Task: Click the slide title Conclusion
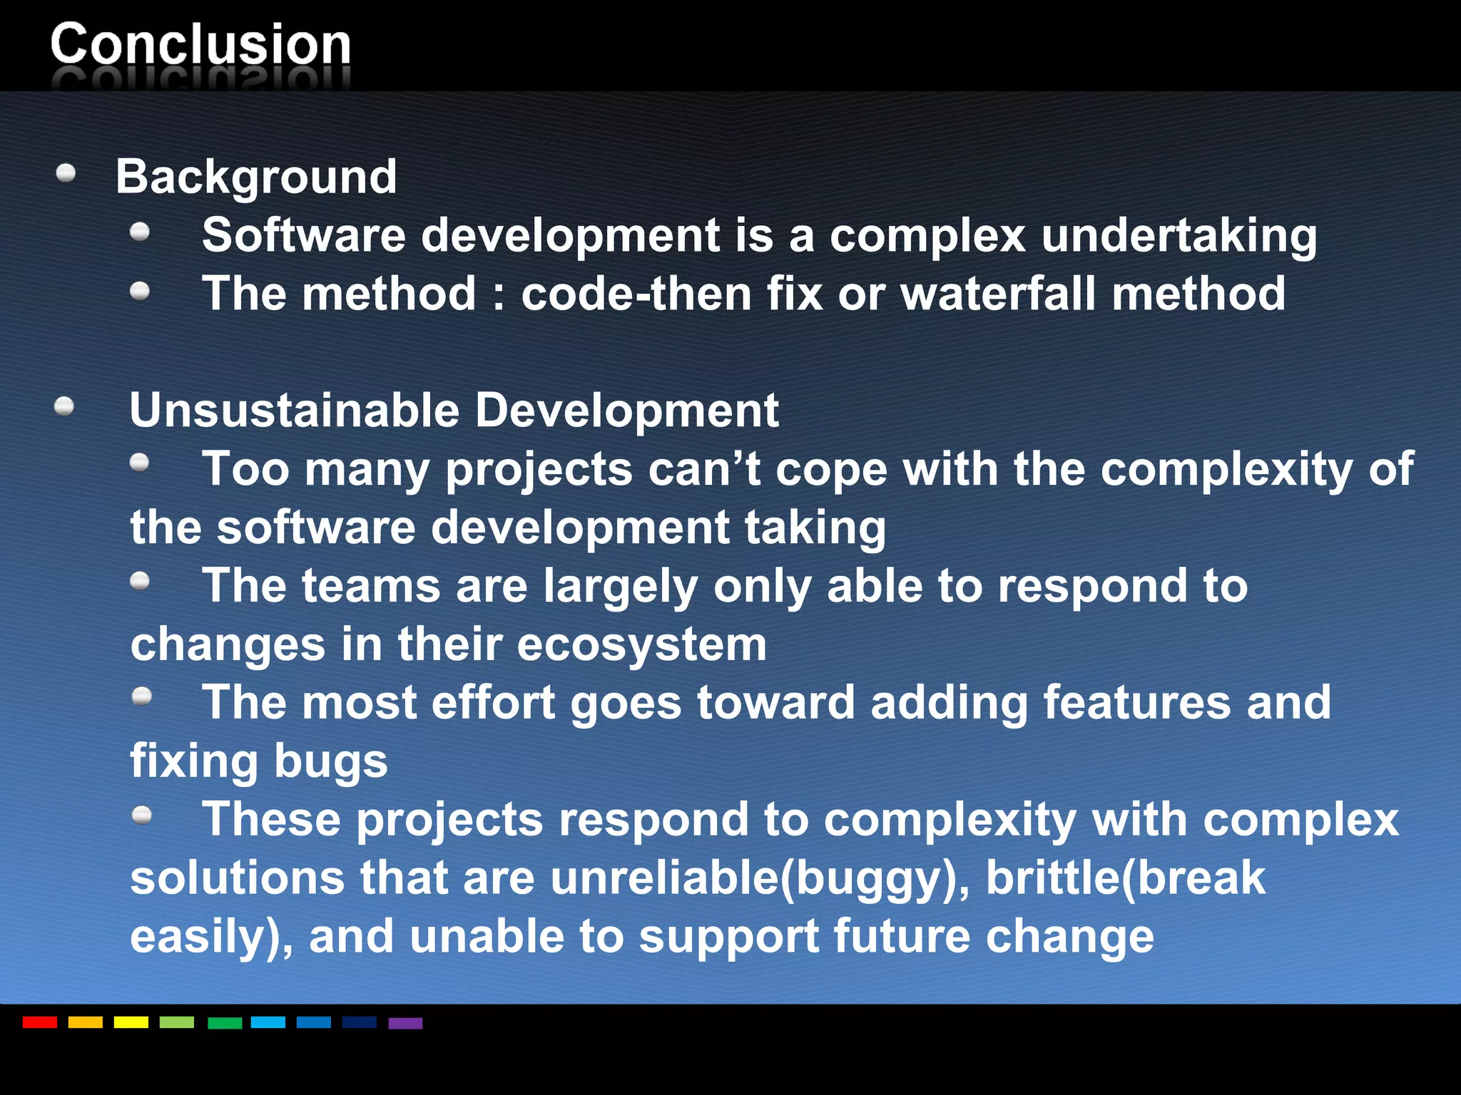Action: [200, 45]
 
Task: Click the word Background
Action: [256, 177]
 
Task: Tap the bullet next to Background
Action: [66, 173]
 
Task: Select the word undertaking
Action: [1179, 236]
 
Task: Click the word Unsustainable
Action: [295, 411]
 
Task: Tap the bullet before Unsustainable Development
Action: [64, 406]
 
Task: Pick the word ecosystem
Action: [642, 644]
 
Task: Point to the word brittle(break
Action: [1125, 878]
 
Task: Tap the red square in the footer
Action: [40, 1022]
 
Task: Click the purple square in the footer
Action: [405, 1023]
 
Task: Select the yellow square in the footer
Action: [131, 1022]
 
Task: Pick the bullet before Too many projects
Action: [140, 463]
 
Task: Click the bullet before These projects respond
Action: [142, 814]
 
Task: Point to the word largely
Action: [620, 586]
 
